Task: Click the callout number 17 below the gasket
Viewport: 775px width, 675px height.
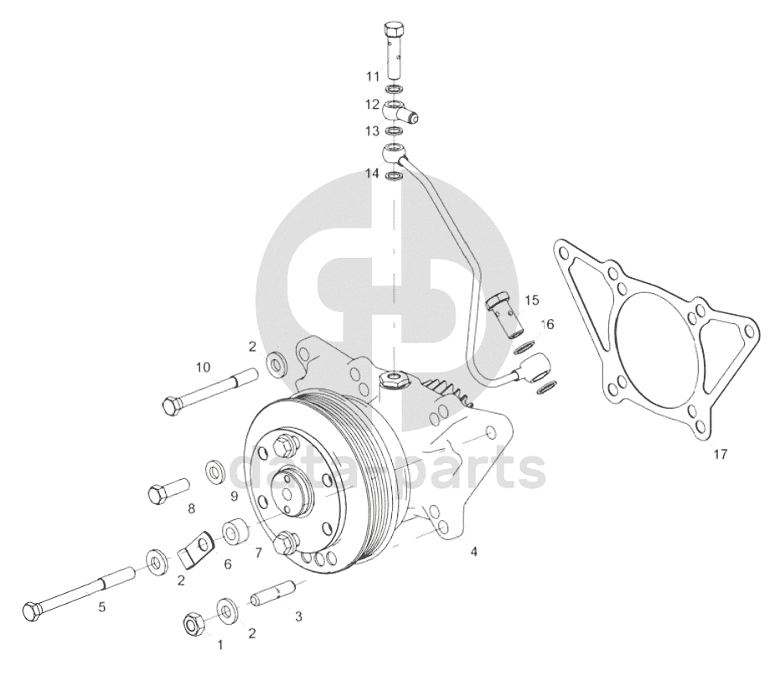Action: pyautogui.click(x=721, y=454)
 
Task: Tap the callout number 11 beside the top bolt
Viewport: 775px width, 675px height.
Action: pyautogui.click(x=373, y=76)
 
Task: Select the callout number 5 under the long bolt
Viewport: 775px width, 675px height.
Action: pyautogui.click(x=102, y=607)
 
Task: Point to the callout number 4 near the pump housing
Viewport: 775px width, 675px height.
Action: pyautogui.click(x=474, y=551)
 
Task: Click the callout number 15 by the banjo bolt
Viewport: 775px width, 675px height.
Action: pyautogui.click(x=532, y=301)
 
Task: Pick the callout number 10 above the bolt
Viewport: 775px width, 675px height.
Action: pyautogui.click(x=203, y=367)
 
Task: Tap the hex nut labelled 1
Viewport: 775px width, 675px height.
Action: pyautogui.click(x=192, y=624)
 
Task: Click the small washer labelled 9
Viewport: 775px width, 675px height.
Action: pyautogui.click(x=216, y=471)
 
